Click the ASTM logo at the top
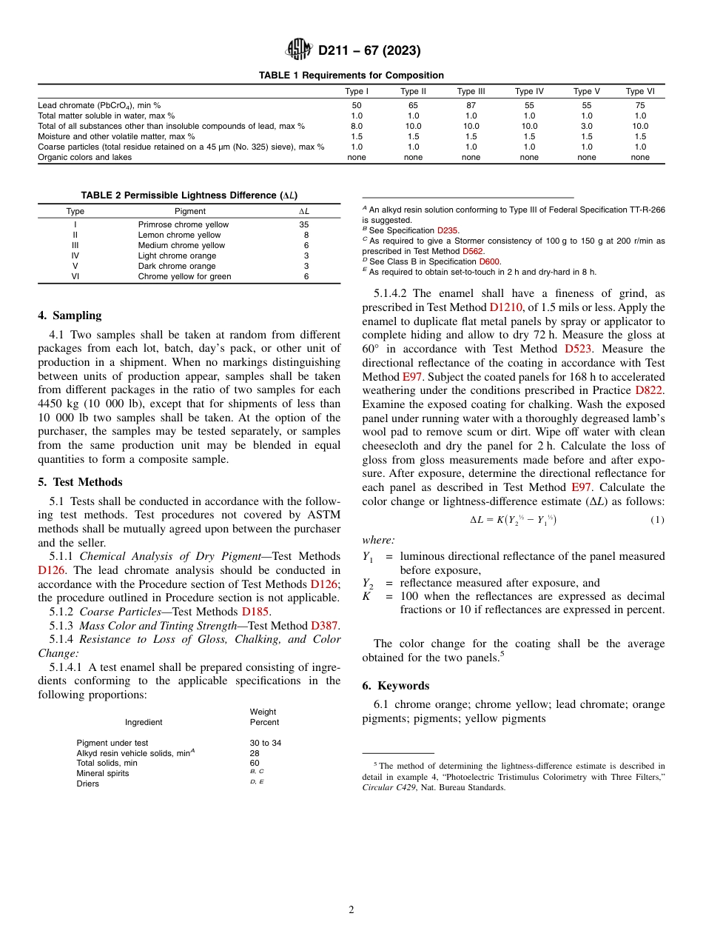coord(299,50)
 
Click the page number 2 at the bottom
coord(351,909)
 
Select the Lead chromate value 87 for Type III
coord(471,106)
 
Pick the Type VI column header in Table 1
coord(640,92)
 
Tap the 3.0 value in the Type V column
coord(586,126)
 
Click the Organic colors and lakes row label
coord(84,157)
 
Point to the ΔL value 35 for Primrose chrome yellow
coord(303,224)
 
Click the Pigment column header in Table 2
coord(190,212)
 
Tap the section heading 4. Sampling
coord(70,315)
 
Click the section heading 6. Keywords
coord(395,686)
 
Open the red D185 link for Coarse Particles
coord(256,612)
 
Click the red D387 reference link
coord(325,626)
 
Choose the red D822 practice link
coord(649,390)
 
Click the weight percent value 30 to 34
coord(266,743)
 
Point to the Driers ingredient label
coord(87,784)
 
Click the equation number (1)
coord(657,520)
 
